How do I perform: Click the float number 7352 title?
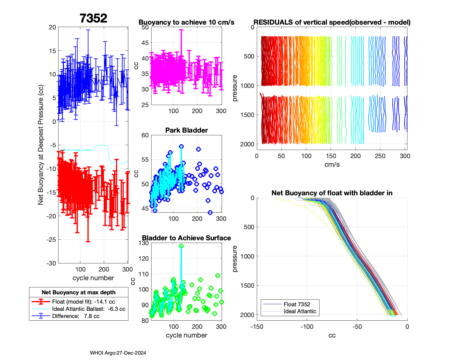click(93, 18)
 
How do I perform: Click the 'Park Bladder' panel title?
click(187, 130)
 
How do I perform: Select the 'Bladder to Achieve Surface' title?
click(186, 238)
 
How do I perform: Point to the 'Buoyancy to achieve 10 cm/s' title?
click(186, 22)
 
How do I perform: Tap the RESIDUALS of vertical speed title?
click(332, 22)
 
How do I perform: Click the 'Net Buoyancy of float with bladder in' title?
click(332, 193)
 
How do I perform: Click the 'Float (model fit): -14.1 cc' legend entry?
click(83, 302)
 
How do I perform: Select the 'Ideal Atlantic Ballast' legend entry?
click(88, 309)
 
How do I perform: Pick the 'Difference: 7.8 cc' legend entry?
click(76, 316)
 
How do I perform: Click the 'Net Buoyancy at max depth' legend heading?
click(79, 292)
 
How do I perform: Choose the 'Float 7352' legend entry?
click(297, 304)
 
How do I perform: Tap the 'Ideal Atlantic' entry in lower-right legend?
click(300, 311)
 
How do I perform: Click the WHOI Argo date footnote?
click(118, 353)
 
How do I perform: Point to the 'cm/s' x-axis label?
click(332, 164)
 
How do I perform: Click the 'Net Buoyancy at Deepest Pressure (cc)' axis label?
click(41, 145)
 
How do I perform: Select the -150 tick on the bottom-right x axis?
click(256, 327)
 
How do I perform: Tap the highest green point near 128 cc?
click(181, 246)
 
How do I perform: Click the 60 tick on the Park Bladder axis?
click(145, 135)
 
